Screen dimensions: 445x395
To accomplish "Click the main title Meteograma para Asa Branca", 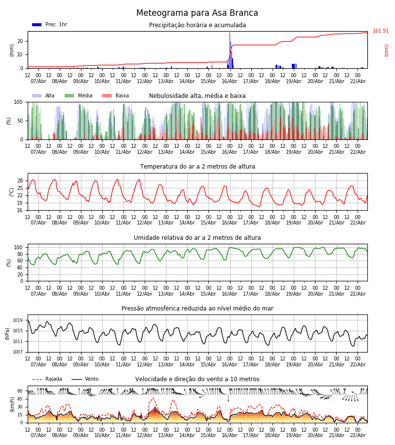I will (197, 13).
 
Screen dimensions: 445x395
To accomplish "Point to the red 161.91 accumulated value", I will (381, 31).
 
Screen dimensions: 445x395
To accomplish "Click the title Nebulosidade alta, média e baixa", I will (197, 96).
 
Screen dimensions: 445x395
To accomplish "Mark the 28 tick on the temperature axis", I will (20, 180).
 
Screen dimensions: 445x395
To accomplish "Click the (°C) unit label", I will (12, 192).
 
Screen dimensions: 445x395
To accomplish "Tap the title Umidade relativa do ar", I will (197, 238).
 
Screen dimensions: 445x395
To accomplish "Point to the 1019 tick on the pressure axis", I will (18, 320).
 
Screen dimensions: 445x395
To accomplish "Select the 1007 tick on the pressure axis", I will (18, 352).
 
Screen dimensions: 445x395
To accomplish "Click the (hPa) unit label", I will (7, 333).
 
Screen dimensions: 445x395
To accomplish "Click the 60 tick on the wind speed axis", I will (20, 391).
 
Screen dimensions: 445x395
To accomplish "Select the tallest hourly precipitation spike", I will (230, 49).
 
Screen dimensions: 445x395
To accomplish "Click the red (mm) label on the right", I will (387, 50).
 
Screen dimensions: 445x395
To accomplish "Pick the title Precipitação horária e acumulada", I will (197, 25).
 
